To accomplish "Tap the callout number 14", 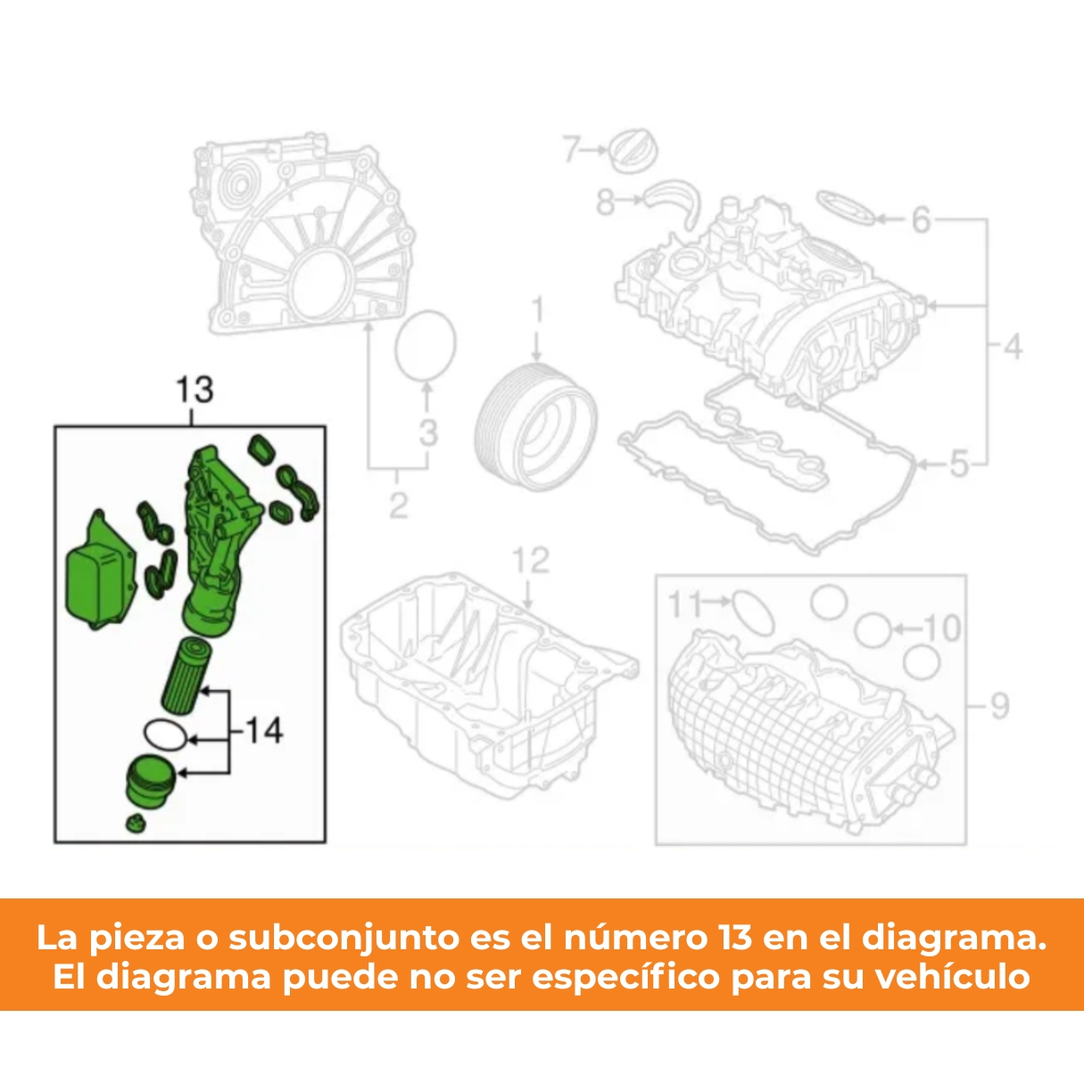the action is point(264,732).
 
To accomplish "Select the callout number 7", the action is point(572,149).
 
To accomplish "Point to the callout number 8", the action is point(605,202).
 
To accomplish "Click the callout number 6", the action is point(921,220).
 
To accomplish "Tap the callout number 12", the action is point(531,559).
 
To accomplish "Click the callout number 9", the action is point(999,706).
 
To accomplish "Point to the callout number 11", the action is point(684,604).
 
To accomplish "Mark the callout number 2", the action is point(398,505).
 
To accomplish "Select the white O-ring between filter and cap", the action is point(165,734).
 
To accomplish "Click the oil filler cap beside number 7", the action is point(635,152).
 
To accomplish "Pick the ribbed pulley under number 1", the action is point(535,427).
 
